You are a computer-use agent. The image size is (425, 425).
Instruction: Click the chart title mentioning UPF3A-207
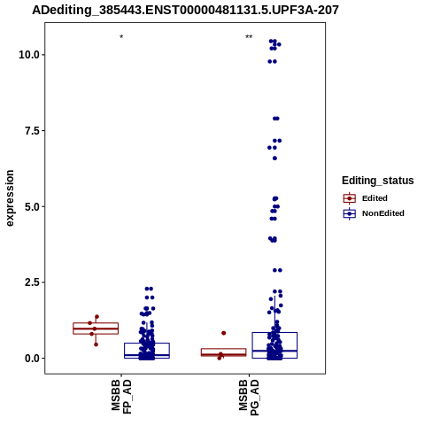click(185, 10)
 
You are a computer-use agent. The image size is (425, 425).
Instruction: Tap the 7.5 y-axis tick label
click(32, 130)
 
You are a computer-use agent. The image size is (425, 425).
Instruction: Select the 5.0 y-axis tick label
click(32, 206)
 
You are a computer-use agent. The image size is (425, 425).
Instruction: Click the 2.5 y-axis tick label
click(32, 282)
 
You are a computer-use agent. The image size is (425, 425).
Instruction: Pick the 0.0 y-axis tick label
click(32, 358)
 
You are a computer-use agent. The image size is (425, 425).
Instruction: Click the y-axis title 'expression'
click(10, 198)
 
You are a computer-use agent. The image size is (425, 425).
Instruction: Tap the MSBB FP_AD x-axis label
click(121, 397)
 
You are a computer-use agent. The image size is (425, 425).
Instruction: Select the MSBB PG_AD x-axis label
click(249, 398)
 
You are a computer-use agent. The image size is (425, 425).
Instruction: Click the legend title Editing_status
click(378, 181)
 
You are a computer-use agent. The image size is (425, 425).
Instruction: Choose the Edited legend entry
click(366, 198)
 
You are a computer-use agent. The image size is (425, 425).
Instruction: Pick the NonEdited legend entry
click(374, 213)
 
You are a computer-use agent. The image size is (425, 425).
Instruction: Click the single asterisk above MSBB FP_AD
click(121, 37)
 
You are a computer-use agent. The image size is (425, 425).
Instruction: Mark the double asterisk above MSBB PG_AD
click(249, 37)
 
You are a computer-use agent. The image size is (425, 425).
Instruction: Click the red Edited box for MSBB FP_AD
click(96, 328)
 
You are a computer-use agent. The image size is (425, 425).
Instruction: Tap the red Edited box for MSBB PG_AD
click(223, 352)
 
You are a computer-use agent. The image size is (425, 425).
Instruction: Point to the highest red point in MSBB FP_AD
click(97, 317)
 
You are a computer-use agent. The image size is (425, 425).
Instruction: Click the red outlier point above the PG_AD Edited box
click(224, 333)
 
